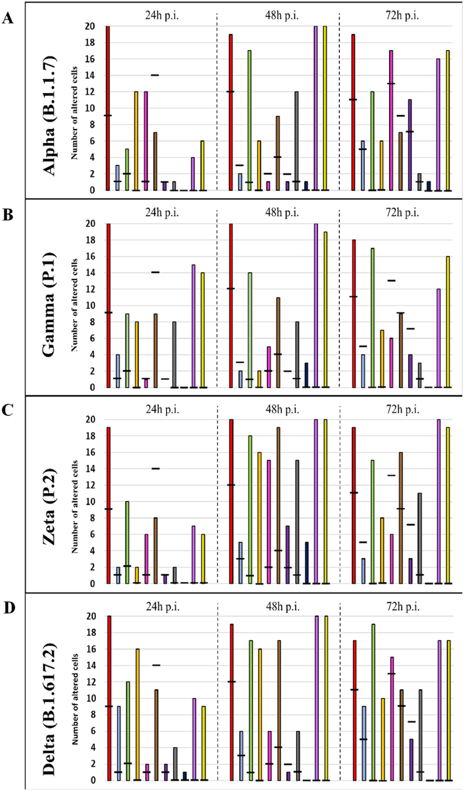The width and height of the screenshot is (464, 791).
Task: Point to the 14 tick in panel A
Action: pos(90,76)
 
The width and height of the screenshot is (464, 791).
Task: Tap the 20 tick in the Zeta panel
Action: pos(90,420)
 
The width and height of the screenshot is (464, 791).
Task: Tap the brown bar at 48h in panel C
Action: pos(278,505)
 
